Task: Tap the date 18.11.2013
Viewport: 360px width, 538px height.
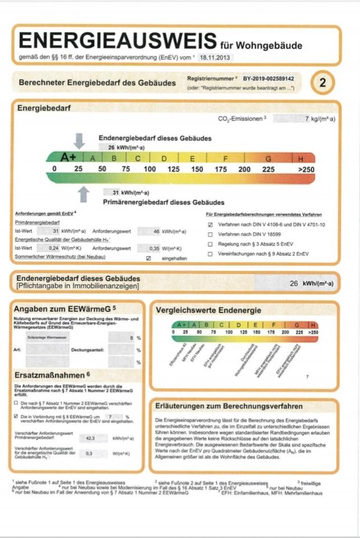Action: coord(215,57)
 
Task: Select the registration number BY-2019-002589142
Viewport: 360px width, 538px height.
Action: coord(269,80)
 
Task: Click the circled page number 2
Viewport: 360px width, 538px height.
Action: coord(322,84)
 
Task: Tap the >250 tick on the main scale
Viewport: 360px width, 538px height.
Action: coord(306,169)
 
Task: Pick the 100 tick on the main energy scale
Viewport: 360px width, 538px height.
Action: coord(149,169)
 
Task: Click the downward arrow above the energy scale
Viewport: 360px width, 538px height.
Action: coord(80,141)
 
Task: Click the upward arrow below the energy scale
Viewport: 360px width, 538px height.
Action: coord(84,194)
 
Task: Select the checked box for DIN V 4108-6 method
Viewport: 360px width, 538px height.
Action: coord(210,224)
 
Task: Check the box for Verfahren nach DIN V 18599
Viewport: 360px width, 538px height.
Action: coord(210,234)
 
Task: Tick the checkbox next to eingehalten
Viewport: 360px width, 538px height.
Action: coord(149,258)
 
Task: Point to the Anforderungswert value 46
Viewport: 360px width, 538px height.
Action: coord(156,231)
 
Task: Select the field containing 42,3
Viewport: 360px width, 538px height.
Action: coord(90,438)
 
